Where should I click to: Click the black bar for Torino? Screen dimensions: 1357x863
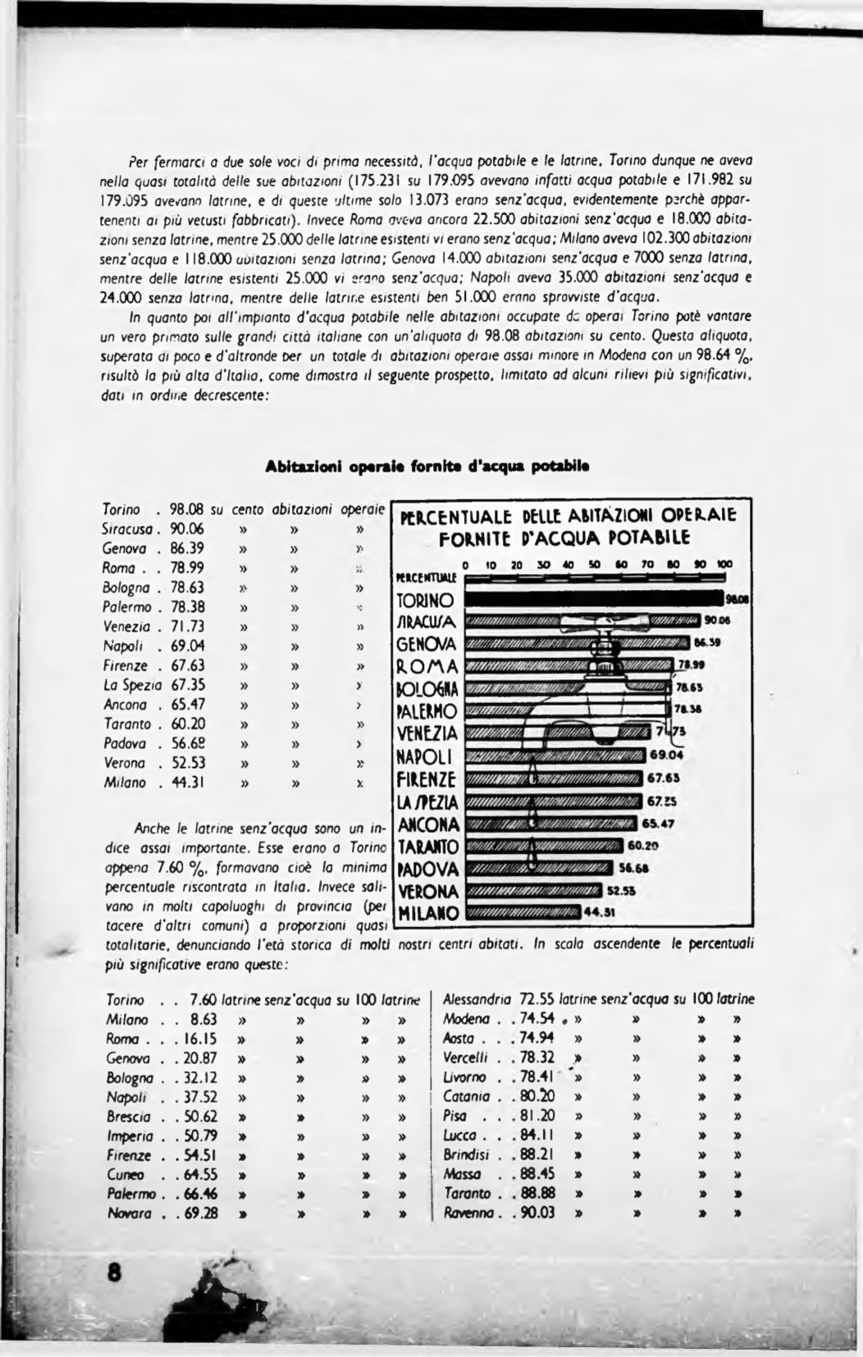tap(595, 600)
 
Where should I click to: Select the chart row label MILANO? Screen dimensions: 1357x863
tap(428, 913)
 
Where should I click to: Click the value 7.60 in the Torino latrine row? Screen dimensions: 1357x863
tap(202, 1000)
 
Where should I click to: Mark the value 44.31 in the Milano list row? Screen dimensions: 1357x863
tap(188, 783)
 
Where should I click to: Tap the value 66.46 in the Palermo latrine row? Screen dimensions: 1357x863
tap(201, 1194)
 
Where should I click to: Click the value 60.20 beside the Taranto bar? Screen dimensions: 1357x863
tap(644, 845)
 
